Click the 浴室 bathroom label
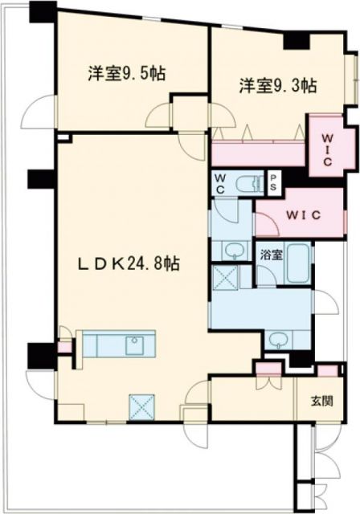(x=271, y=256)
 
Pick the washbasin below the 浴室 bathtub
(x=277, y=338)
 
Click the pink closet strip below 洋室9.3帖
(x=257, y=152)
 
